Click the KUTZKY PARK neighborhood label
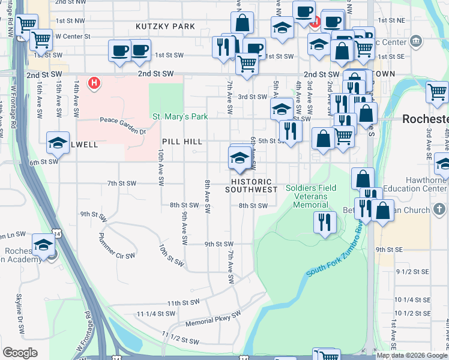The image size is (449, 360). (x=165, y=26)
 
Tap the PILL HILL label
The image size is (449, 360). (x=182, y=142)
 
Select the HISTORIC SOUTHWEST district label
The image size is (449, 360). (x=251, y=185)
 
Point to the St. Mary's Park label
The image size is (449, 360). (x=179, y=116)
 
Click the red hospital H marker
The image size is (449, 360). (x=94, y=83)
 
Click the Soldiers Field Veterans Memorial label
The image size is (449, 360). (x=311, y=196)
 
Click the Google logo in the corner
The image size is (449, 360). (x=20, y=353)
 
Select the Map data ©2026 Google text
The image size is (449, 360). (x=412, y=355)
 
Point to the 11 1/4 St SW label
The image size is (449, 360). (x=155, y=314)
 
